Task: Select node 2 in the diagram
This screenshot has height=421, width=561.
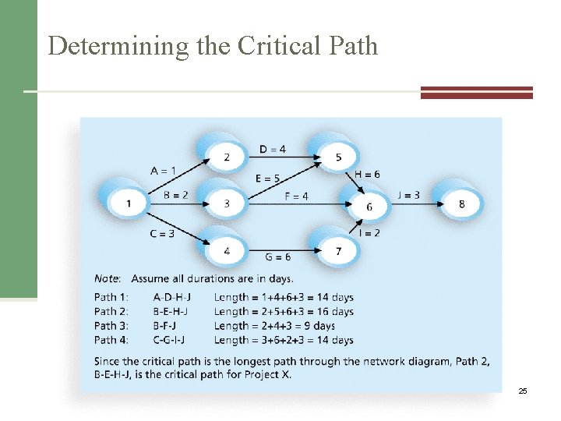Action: [227, 157]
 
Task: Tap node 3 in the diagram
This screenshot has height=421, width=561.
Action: [227, 204]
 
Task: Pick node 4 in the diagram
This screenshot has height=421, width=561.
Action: [227, 251]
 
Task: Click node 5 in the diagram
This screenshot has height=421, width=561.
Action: [337, 157]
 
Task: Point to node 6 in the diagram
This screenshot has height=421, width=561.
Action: [369, 207]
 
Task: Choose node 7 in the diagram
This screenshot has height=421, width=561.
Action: [337, 251]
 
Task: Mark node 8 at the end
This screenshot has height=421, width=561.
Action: [462, 203]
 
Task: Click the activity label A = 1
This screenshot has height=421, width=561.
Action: [163, 170]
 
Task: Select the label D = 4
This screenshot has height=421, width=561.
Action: [272, 149]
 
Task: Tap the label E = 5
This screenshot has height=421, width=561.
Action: [268, 179]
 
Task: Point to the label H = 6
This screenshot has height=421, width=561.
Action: [367, 175]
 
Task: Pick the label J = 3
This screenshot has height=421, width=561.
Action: [409, 195]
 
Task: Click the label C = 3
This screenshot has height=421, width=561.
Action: [161, 233]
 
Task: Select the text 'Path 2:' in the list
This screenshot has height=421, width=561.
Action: [111, 311]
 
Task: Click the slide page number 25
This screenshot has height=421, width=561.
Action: [523, 390]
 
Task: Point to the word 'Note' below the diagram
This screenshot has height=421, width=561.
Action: [107, 278]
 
